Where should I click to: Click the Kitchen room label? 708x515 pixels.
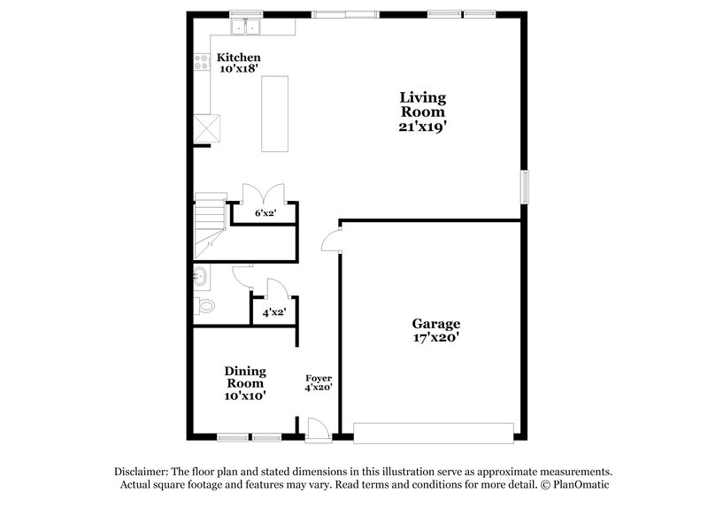[239, 58]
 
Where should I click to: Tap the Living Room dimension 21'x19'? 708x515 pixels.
[422, 127]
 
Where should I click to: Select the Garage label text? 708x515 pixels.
[435, 324]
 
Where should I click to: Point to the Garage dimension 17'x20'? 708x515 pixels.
[435, 338]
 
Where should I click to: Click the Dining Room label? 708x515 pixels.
[245, 377]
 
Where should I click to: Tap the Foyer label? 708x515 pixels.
[319, 378]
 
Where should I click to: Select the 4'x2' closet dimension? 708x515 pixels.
[273, 312]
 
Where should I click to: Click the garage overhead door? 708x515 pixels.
[434, 433]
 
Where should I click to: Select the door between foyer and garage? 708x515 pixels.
[330, 240]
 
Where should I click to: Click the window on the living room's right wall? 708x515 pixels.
[525, 187]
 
